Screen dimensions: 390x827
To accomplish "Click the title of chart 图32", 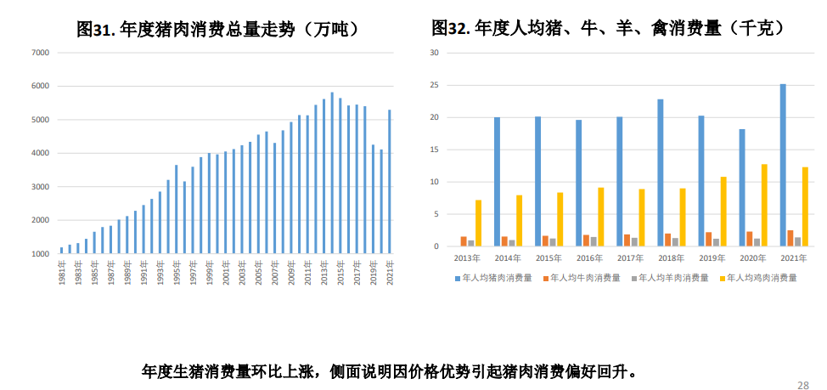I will coord(607,29).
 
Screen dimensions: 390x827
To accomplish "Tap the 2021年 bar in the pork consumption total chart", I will coord(390,182).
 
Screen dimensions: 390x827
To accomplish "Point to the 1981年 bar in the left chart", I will coord(62,250).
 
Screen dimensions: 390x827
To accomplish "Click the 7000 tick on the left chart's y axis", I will coord(41,53).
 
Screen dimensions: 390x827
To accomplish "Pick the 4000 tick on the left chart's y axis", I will coord(41,153).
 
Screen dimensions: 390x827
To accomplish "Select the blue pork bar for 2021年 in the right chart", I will coord(783,166).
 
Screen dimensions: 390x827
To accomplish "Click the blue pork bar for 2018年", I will coord(661,173).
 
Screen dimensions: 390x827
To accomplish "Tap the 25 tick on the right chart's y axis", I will coord(434,85).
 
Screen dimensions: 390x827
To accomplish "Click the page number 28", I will coord(802,385).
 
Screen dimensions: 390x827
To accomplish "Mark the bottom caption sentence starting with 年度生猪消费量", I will coord(389,371).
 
